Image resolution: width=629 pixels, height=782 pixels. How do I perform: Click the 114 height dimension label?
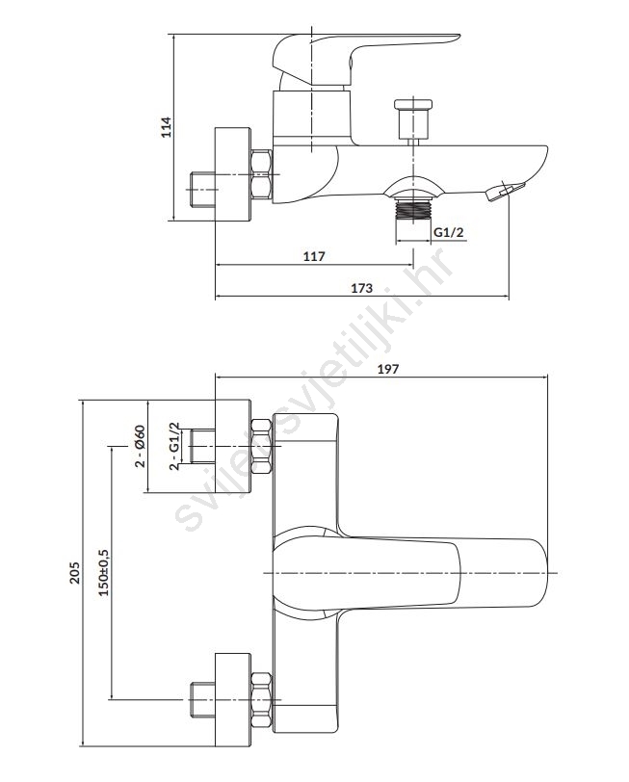[166, 127]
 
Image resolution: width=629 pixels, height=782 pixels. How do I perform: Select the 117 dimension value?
[314, 256]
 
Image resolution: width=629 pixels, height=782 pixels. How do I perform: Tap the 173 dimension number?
[361, 287]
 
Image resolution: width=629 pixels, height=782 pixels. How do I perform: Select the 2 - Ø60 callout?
[140, 447]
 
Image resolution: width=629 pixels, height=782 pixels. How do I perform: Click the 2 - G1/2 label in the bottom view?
[174, 447]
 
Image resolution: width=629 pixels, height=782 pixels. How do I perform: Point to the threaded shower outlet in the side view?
[414, 206]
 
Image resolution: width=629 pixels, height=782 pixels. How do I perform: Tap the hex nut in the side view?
[261, 175]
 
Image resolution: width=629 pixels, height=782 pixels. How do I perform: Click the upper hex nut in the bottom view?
[261, 447]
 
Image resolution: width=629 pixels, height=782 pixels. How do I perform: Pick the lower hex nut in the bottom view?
[261, 696]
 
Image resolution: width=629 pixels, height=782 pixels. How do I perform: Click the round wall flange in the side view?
[232, 175]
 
